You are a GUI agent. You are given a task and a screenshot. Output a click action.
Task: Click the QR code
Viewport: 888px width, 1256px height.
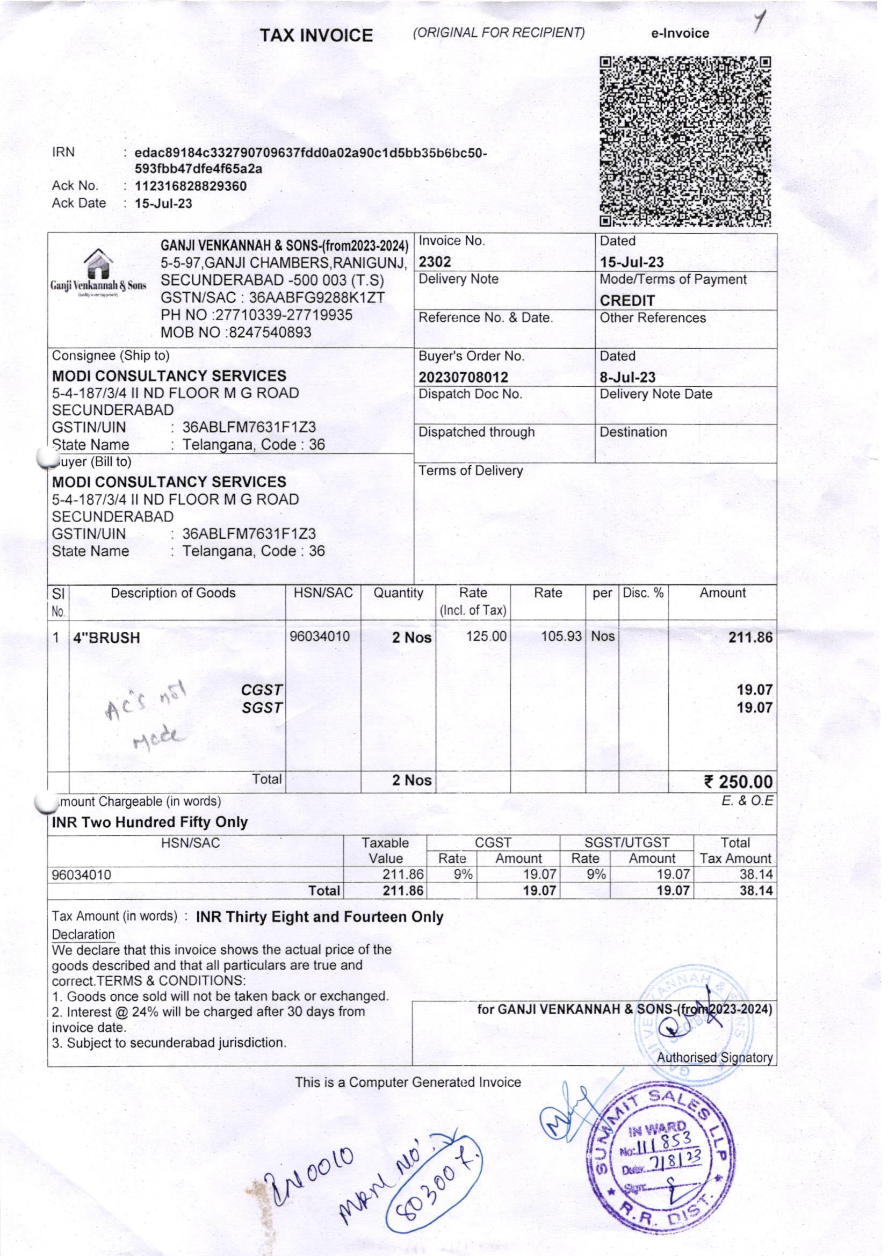point(685,141)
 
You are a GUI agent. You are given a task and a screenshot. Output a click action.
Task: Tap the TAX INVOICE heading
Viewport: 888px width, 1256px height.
point(316,35)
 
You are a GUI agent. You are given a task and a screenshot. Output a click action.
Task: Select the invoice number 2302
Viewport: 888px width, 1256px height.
point(435,262)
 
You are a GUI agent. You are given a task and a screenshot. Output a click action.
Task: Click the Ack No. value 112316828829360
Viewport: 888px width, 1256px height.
point(191,186)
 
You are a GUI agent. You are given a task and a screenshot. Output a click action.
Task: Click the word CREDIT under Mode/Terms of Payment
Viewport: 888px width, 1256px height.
point(627,300)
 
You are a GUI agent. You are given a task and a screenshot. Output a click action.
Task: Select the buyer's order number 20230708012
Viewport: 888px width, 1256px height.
point(464,377)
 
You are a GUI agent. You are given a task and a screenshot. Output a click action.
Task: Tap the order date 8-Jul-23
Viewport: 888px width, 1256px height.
point(627,377)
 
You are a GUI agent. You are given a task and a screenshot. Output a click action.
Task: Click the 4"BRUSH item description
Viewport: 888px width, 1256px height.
point(107,638)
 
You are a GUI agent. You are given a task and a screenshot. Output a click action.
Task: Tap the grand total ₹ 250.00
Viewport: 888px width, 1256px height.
point(738,782)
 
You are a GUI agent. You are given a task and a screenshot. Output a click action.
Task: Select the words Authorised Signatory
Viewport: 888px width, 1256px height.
point(714,1058)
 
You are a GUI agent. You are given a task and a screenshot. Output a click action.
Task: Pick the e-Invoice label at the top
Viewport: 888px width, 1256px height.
point(680,33)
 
